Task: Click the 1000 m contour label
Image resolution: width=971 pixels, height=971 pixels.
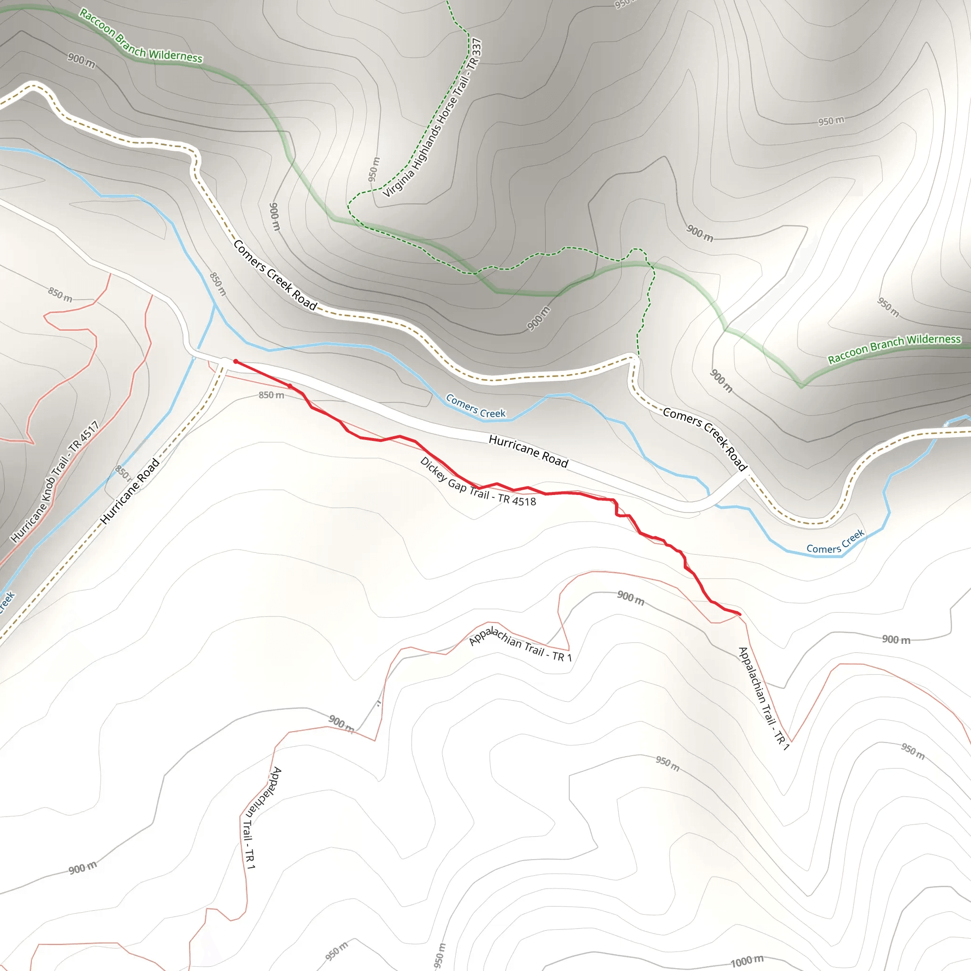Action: [x=747, y=961]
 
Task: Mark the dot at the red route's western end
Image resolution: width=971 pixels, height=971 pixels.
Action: [x=236, y=361]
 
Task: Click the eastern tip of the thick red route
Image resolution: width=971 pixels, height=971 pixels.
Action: [x=740, y=614]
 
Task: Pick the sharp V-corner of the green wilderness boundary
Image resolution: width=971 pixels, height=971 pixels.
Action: [x=802, y=387]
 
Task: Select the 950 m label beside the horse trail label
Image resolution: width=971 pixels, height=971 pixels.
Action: [x=374, y=169]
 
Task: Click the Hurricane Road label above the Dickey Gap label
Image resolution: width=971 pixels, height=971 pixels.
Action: [x=528, y=451]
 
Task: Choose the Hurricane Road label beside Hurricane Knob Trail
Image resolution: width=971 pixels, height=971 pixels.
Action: [x=129, y=492]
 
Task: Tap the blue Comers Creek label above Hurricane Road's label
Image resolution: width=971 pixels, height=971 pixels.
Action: [x=476, y=407]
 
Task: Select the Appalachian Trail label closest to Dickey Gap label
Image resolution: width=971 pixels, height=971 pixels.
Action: [x=520, y=645]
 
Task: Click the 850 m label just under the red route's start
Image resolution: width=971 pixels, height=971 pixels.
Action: [x=271, y=395]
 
